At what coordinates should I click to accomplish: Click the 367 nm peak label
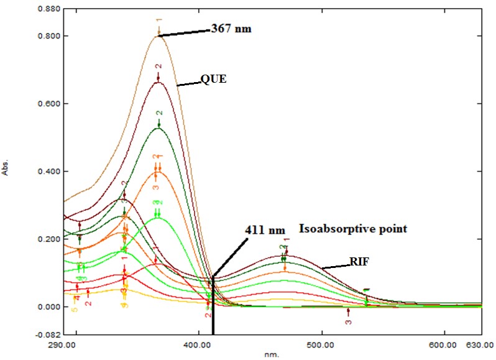pyautogui.click(x=231, y=28)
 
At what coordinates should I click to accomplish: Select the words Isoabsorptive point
pyautogui.click(x=353, y=229)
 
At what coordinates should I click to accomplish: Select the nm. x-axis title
pyautogui.click(x=268, y=354)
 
